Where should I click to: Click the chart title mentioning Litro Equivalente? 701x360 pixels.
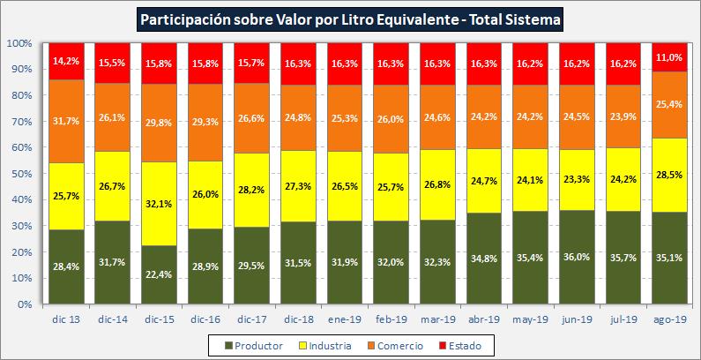coord(350,19)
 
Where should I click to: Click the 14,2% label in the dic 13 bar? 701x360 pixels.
coord(66,62)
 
